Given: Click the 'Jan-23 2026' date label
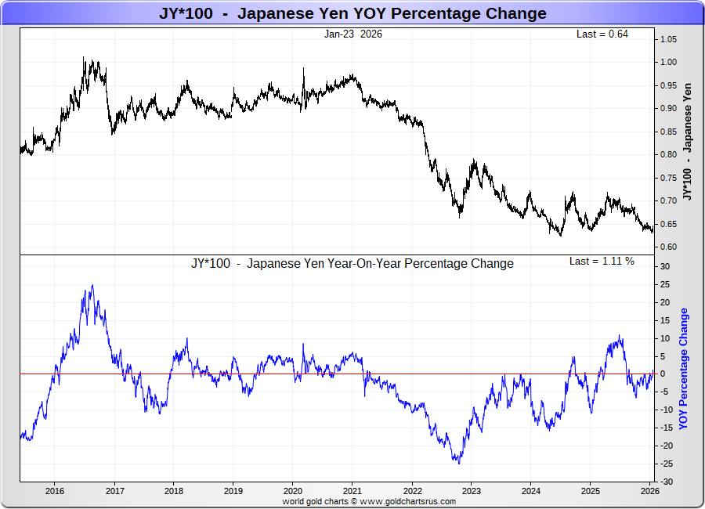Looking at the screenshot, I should [353, 34].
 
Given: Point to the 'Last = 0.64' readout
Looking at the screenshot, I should [602, 34].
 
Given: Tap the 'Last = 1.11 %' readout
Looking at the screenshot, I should [602, 261].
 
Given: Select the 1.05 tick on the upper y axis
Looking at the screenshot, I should [667, 39].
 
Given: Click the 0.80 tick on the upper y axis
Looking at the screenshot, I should [667, 154].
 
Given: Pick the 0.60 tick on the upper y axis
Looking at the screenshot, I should [667, 247].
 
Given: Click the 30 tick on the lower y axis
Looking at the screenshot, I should [663, 266].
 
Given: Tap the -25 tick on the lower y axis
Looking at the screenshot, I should [665, 464].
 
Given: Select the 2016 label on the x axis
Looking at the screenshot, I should [55, 491].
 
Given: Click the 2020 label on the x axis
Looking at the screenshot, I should [292, 491].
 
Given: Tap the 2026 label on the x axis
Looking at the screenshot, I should [649, 491].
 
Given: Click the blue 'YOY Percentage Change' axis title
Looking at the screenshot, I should [684, 368].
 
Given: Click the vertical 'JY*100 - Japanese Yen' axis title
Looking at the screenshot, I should [687, 141].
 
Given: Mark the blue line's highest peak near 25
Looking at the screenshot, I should [92, 285].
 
